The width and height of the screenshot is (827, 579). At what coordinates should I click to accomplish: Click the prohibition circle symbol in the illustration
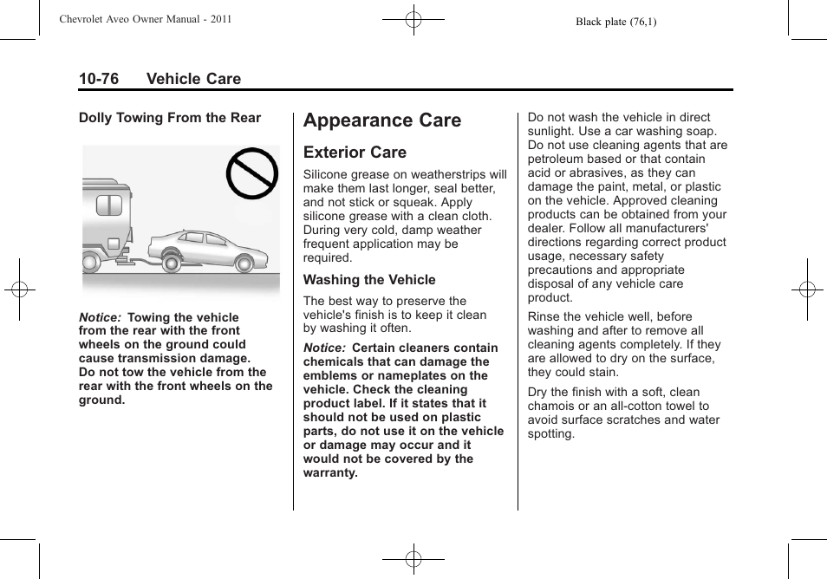pyautogui.click(x=252, y=174)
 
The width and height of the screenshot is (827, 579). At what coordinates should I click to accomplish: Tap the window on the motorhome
pyautogui.click(x=108, y=205)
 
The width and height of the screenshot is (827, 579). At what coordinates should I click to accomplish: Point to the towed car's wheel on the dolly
pyautogui.click(x=171, y=258)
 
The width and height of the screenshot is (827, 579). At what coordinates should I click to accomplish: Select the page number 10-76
pyautogui.click(x=99, y=79)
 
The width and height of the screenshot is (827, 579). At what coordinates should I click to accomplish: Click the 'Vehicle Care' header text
pyautogui.click(x=193, y=79)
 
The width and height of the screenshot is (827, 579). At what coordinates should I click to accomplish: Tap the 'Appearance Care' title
pyautogui.click(x=382, y=120)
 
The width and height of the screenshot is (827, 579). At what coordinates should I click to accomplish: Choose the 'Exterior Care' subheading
pyautogui.click(x=355, y=153)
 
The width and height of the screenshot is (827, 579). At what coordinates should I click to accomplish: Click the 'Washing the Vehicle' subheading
pyautogui.click(x=369, y=280)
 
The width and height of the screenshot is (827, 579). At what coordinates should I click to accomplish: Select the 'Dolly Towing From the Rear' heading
pyautogui.click(x=170, y=118)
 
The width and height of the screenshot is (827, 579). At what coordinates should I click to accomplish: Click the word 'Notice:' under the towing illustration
pyautogui.click(x=100, y=317)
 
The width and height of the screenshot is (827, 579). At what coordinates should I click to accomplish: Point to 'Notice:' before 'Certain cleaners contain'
pyautogui.click(x=324, y=348)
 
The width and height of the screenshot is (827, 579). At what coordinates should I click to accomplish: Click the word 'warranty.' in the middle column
pyautogui.click(x=330, y=472)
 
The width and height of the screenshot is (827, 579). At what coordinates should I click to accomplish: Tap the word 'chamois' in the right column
pyautogui.click(x=552, y=406)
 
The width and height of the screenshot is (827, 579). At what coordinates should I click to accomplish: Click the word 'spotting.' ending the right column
pyautogui.click(x=551, y=433)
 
